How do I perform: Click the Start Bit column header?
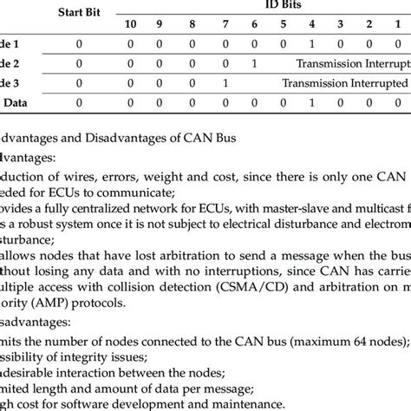pyautogui.click(x=79, y=12)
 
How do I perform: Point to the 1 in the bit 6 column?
pyautogui.click(x=253, y=63)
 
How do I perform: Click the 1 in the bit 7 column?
pyautogui.click(x=225, y=84)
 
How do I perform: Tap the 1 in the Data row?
pyautogui.click(x=312, y=103)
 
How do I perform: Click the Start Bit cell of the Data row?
pyautogui.click(x=79, y=103)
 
